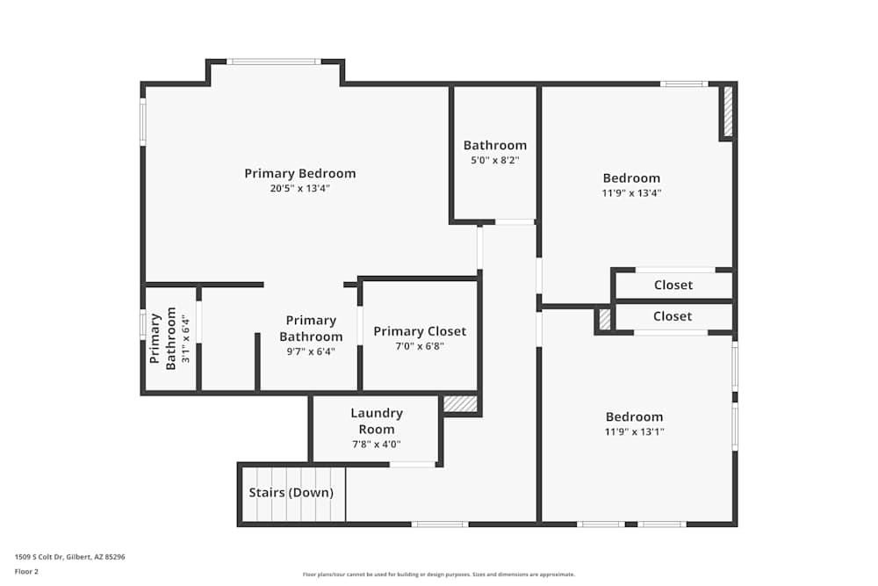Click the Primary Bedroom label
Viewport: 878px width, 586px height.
299,173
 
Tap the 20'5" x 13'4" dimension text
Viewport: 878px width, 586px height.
299,188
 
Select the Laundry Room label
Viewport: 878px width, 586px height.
377,421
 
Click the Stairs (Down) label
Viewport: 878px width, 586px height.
291,493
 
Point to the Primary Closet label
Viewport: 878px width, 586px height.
420,331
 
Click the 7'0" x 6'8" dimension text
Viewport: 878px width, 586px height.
420,346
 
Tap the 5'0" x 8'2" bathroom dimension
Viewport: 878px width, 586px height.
495,160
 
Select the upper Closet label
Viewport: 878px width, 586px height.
673,285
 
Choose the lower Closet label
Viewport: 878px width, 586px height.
673,316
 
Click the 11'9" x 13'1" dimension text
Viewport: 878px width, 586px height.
634,431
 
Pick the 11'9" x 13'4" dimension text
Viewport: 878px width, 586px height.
631,193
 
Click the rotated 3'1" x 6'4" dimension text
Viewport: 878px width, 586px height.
185,338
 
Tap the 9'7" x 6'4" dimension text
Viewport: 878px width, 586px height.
311,351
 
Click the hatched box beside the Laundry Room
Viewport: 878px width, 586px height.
460,403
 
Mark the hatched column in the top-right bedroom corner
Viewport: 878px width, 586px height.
727,111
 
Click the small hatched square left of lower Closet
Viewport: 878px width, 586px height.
604,319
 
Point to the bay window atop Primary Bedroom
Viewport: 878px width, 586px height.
274,61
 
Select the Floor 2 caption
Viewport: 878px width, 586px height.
26,571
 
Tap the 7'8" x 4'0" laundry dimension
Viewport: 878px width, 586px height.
376,445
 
